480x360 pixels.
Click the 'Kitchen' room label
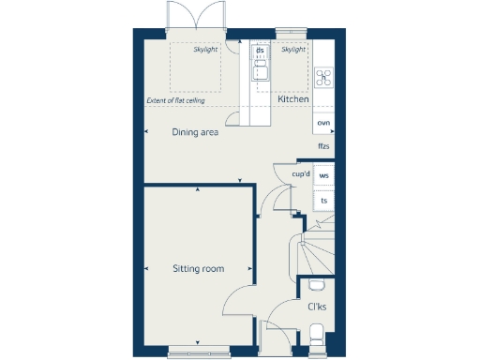pos(293,98)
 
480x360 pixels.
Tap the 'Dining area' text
pos(195,132)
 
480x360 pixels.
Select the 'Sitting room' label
pos(199,269)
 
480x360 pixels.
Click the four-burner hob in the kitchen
pos(324,78)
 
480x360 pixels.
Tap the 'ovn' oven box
pos(323,123)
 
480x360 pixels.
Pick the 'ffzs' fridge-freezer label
pos(323,146)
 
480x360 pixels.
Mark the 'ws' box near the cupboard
pos(324,175)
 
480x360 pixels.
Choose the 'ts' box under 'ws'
pos(324,200)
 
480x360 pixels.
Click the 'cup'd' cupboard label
pos(301,174)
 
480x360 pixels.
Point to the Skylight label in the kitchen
pos(293,49)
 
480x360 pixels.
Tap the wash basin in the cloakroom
pos(316,286)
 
